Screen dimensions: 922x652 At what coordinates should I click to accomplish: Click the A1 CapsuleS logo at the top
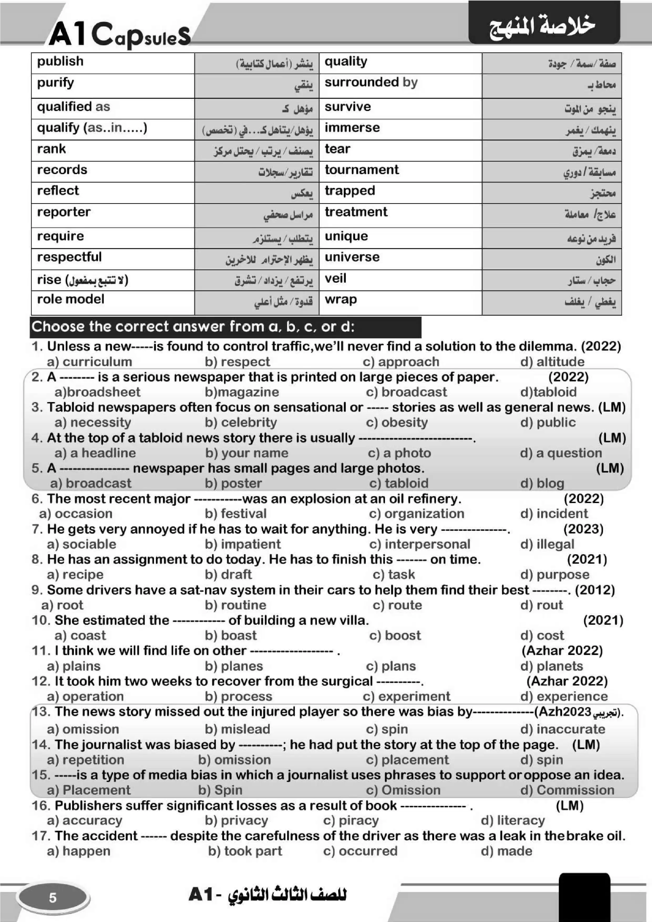click(x=120, y=34)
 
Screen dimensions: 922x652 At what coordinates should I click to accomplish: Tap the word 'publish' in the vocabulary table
click(x=60, y=62)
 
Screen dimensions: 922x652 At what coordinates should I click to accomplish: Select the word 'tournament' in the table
click(x=361, y=170)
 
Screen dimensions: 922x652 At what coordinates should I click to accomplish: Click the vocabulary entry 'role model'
click(x=71, y=299)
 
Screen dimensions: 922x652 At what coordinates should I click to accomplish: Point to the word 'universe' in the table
click(x=352, y=257)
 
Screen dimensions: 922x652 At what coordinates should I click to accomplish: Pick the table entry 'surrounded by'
click(x=371, y=82)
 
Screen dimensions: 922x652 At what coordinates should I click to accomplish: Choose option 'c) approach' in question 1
click(x=401, y=362)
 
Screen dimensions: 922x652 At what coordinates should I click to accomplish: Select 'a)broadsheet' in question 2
click(x=97, y=392)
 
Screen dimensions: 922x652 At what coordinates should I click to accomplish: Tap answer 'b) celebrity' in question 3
click(x=241, y=422)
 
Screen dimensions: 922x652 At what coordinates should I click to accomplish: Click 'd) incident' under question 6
click(x=554, y=514)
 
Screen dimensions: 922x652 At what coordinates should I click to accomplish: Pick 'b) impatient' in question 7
click(x=243, y=544)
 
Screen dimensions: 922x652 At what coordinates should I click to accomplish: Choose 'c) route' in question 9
click(x=397, y=605)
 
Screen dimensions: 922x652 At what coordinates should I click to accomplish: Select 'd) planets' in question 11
click(x=551, y=666)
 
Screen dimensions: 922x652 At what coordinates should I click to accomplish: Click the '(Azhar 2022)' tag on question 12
click(x=567, y=682)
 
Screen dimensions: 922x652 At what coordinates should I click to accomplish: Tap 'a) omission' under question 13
click(x=83, y=729)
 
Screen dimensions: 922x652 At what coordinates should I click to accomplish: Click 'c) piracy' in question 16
click(x=351, y=821)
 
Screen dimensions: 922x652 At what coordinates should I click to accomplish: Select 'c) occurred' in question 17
click(x=360, y=851)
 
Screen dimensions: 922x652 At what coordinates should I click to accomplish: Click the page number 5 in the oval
click(x=53, y=898)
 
